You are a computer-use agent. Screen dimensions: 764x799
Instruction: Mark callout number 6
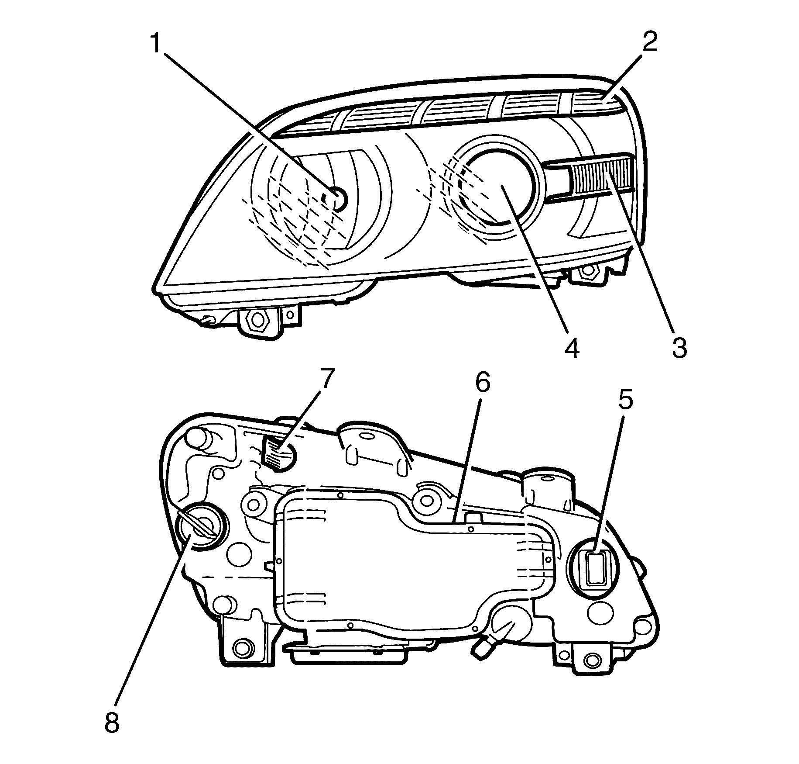tap(482, 383)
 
